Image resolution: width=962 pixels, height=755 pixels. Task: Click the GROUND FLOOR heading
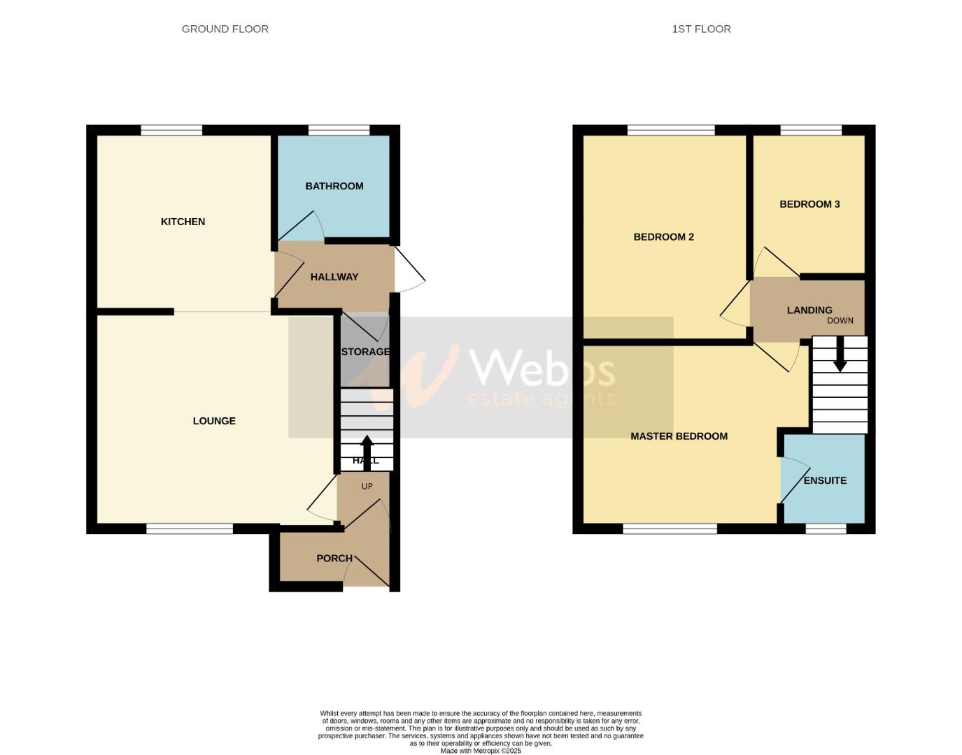(225, 29)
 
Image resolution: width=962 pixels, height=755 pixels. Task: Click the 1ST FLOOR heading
(701, 29)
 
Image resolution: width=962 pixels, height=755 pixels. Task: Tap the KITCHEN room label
(183, 222)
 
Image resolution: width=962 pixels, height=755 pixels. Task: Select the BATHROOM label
(334, 186)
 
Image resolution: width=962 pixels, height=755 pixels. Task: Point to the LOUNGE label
(214, 421)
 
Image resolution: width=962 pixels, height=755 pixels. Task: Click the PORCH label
(334, 558)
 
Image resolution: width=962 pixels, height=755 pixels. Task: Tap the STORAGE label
(365, 352)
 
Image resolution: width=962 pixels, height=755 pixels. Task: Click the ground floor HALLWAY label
(334, 277)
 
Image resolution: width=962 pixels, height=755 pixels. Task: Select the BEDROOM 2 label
(663, 237)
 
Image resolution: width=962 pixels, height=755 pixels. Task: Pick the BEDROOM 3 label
(809, 204)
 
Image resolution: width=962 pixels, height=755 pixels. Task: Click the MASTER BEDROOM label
(679, 436)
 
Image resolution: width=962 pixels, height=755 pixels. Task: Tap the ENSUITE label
(825, 480)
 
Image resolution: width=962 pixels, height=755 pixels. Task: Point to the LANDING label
(809, 310)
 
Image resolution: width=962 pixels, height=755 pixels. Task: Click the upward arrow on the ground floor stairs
(366, 451)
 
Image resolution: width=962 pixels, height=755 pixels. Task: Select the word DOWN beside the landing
(840, 321)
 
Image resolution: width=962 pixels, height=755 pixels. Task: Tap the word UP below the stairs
(367, 487)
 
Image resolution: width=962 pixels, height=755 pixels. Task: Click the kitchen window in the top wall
(171, 130)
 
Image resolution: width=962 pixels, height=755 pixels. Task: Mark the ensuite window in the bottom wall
(826, 529)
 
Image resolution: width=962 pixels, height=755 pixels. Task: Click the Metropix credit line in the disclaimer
(481, 751)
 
